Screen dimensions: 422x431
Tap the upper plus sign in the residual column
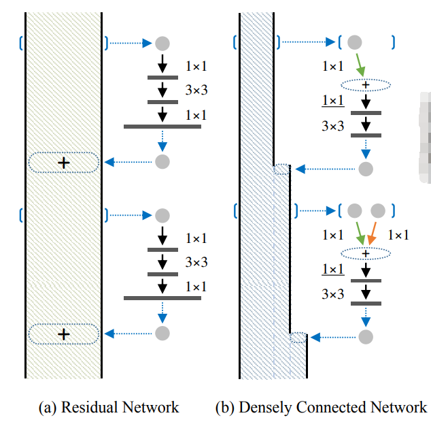[x=64, y=163]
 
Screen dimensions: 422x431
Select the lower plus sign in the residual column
[x=64, y=334]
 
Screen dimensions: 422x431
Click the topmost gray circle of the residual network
[x=162, y=44]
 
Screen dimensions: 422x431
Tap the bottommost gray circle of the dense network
[x=366, y=336]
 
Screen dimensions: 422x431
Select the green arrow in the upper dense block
[x=360, y=66]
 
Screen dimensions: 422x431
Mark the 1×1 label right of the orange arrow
[x=398, y=235]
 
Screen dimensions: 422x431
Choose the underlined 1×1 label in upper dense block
[x=332, y=101]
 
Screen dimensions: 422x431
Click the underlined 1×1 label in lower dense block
[x=332, y=270]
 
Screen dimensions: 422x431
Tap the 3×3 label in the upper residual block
[x=196, y=91]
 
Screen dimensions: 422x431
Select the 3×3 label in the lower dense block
[x=332, y=294]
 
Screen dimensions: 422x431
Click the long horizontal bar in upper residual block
[x=162, y=127]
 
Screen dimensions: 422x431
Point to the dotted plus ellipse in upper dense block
[x=366, y=85]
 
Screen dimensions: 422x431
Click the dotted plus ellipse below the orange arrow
[x=366, y=254]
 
